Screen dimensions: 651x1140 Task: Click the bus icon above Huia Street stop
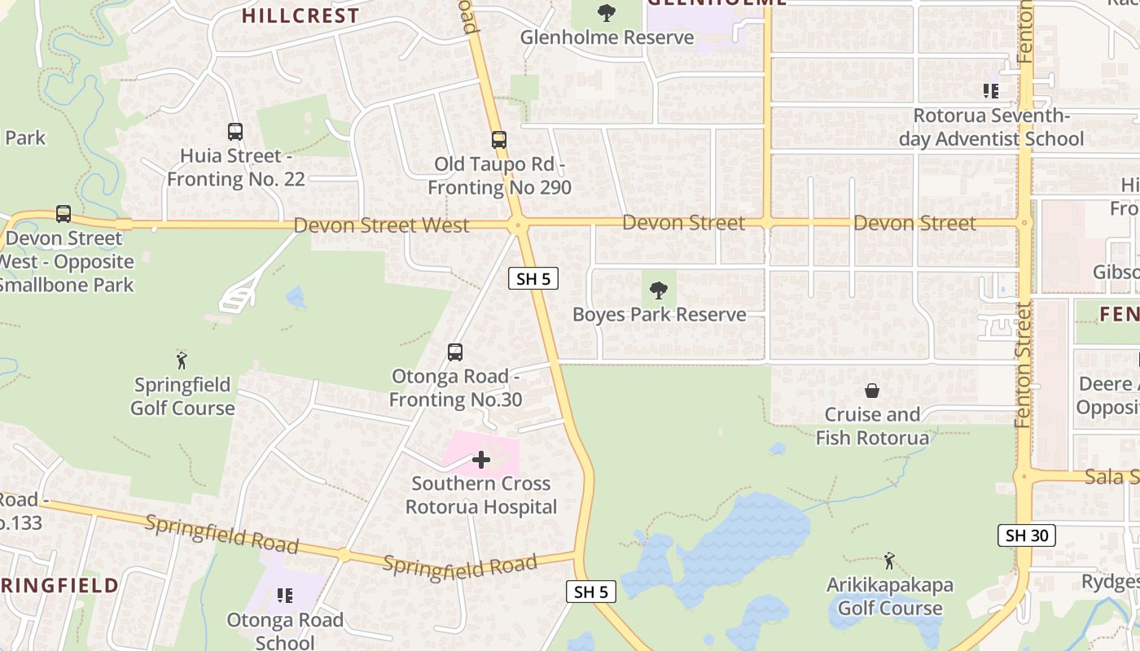(235, 131)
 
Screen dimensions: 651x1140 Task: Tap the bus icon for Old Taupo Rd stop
(499, 140)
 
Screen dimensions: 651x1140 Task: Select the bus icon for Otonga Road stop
(455, 352)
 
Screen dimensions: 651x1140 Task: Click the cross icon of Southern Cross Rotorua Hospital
(481, 460)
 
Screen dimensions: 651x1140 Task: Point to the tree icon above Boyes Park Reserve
(659, 290)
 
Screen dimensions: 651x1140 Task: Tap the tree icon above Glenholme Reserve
(606, 13)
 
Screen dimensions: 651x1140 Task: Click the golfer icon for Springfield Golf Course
(182, 360)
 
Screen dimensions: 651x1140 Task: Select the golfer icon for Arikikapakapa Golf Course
(889, 561)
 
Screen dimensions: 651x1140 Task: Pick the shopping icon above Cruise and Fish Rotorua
(872, 391)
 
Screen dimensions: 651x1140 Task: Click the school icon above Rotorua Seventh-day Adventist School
(991, 91)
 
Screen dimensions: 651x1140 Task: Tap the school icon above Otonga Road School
(284, 596)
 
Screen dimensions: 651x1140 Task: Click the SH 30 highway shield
(1026, 535)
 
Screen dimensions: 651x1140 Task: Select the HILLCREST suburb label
(300, 15)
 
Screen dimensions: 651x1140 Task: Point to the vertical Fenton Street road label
(1024, 364)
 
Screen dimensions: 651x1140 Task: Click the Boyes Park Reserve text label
(659, 315)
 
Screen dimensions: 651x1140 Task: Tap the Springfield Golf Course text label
(182, 396)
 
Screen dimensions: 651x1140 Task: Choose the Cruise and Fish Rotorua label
(872, 426)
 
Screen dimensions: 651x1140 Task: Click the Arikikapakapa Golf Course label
(889, 596)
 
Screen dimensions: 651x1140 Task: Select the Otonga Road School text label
(284, 631)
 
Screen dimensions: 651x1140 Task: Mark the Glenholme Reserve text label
(607, 37)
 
